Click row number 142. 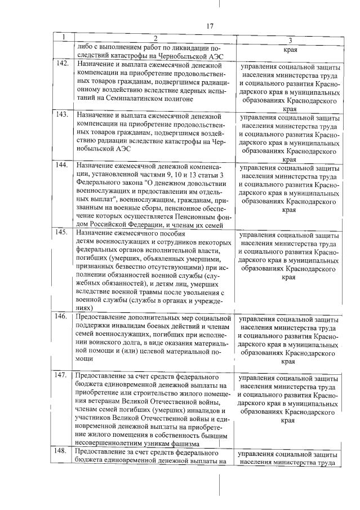tap(63, 63)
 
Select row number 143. tap(63, 115)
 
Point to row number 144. tap(63, 166)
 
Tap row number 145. tap(63, 232)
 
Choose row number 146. tap(63, 317)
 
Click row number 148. tap(63, 451)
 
